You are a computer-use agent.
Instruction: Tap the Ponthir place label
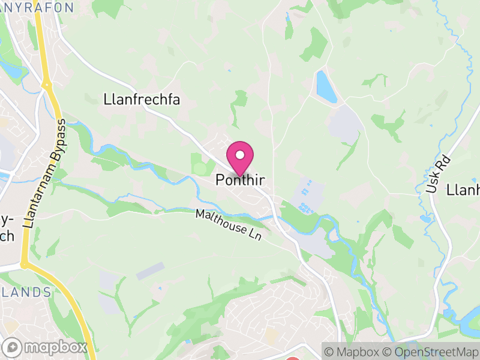240,179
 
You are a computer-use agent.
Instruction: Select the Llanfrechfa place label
142,99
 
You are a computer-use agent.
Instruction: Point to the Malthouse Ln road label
229,226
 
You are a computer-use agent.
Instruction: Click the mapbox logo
45,347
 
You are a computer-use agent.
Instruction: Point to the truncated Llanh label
463,190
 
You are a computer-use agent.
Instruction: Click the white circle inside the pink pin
240,155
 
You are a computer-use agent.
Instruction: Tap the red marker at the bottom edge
292,358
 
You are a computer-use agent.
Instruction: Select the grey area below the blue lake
344,123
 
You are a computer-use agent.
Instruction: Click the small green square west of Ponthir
200,164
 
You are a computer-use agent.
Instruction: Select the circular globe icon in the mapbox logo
13,347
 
